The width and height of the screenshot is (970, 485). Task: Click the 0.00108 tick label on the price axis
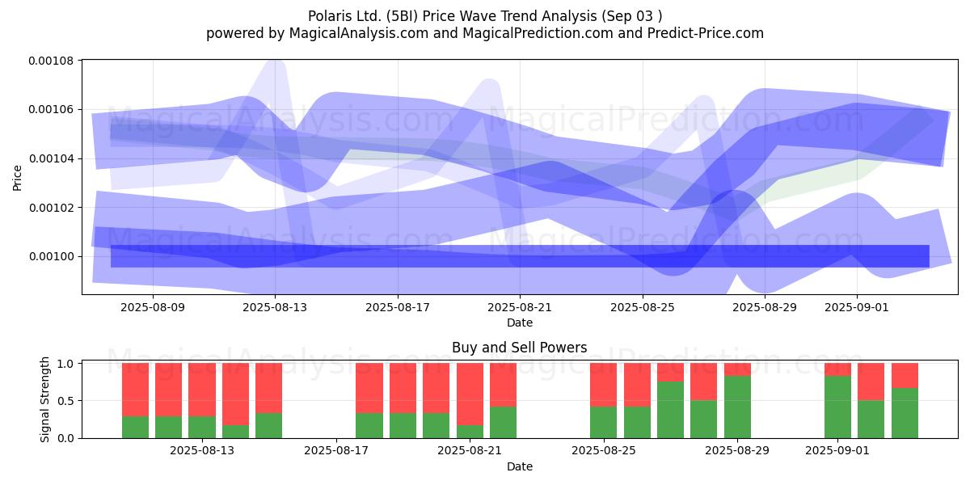51,61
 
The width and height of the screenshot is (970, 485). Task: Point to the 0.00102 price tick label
51,208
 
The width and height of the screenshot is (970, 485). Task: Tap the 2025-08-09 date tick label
153,307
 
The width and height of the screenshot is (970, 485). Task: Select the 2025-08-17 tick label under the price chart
398,307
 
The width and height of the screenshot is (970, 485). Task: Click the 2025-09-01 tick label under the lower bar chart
837,451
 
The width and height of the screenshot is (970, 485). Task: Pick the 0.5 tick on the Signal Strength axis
65,401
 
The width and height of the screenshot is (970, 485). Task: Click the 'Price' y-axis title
17,178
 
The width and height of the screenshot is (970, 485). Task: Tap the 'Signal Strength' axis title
44,399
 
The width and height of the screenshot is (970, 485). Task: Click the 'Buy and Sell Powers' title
519,348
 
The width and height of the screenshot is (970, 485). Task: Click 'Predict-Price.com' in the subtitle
706,33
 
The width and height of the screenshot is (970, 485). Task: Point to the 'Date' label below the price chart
520,323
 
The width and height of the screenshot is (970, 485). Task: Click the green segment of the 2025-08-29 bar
737,407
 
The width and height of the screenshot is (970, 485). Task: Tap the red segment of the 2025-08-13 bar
202,390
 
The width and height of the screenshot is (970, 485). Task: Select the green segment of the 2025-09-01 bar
837,407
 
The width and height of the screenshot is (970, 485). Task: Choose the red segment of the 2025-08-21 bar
470,394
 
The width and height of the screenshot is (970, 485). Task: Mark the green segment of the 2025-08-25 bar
603,423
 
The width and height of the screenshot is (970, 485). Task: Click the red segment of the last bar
905,375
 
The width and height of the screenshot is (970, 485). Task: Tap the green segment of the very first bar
135,428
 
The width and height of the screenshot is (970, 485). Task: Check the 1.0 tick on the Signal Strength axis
65,364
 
